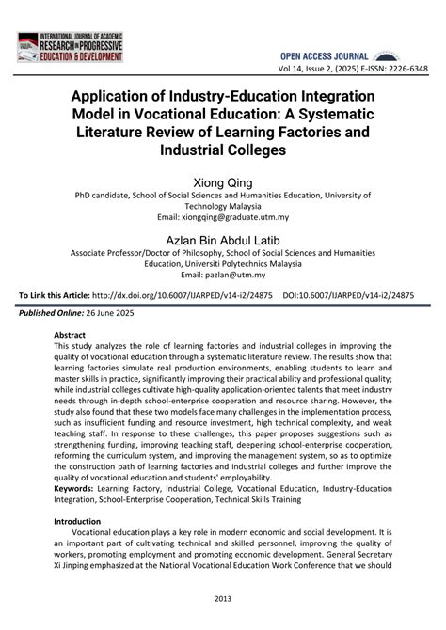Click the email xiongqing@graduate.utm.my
coord(222,217)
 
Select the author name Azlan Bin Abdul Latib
coord(223,239)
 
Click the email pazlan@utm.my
coord(223,275)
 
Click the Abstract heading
coord(70,335)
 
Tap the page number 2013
coord(223,598)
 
